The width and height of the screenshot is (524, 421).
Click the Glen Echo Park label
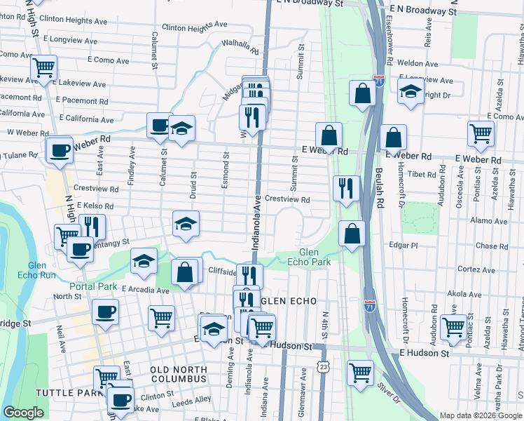[308, 257]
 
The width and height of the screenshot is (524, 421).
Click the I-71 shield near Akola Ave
[369, 306]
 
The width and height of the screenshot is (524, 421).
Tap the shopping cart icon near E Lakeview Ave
[43, 68]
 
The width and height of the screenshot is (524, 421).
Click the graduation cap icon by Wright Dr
[411, 91]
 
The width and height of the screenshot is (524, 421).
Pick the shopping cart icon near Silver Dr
[360, 372]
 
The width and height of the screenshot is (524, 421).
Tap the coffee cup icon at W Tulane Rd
[60, 149]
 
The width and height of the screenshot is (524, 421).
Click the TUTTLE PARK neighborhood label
[64, 393]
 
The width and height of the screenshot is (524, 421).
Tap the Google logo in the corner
[23, 412]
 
